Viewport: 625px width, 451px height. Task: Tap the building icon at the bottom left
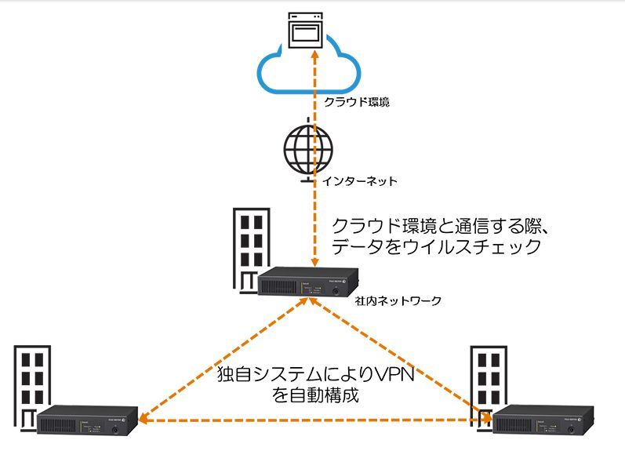click(33, 388)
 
